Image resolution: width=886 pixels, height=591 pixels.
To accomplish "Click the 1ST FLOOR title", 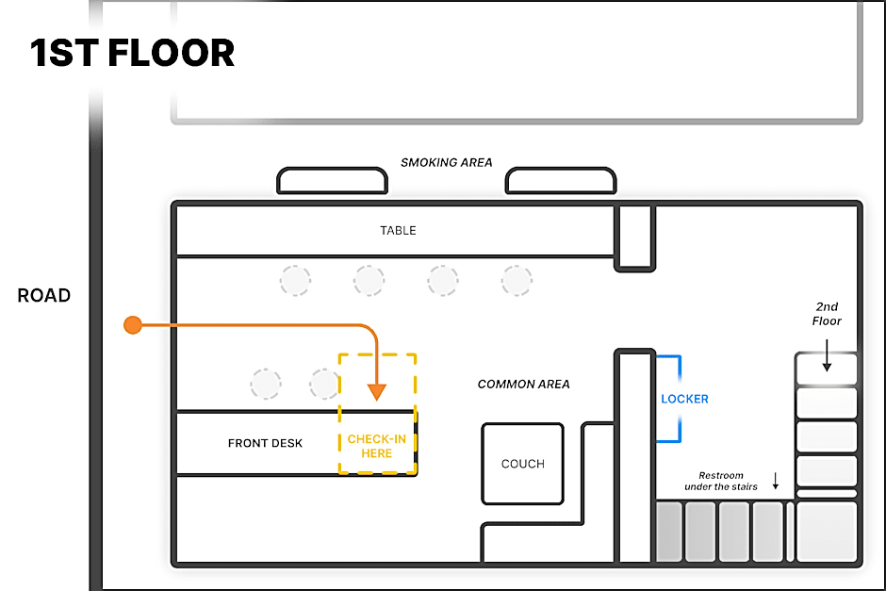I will click(133, 54).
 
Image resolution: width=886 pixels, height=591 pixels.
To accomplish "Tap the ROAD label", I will click(43, 296).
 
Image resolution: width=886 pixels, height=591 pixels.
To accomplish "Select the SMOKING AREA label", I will click(446, 162).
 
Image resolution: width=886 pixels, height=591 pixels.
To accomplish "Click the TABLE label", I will click(398, 230).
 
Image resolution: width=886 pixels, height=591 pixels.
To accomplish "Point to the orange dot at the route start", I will click(133, 325).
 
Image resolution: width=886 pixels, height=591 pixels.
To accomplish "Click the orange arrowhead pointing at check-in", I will click(376, 390).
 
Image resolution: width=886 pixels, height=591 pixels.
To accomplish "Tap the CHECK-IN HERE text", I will click(377, 446).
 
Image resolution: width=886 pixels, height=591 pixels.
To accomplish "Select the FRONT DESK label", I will click(265, 443).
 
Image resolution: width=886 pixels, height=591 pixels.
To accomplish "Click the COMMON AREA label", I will click(523, 384).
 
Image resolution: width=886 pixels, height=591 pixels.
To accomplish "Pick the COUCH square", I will click(522, 464).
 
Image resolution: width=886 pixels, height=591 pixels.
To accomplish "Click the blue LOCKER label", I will click(684, 399).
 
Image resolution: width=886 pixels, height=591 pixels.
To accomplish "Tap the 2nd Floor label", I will click(826, 314).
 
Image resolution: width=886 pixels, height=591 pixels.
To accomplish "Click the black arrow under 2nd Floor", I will click(826, 357).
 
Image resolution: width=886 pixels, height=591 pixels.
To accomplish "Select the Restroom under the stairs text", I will click(721, 481).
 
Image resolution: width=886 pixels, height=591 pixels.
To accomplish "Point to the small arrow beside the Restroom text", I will click(776, 482).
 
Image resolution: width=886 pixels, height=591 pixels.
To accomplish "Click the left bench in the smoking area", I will click(333, 180).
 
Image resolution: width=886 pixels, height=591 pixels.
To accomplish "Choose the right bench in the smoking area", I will click(561, 180).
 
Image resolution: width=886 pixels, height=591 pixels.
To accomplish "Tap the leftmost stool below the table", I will click(295, 280).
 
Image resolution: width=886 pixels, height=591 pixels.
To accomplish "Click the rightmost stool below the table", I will click(517, 280).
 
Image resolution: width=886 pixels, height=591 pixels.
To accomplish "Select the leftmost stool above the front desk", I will click(266, 384).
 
